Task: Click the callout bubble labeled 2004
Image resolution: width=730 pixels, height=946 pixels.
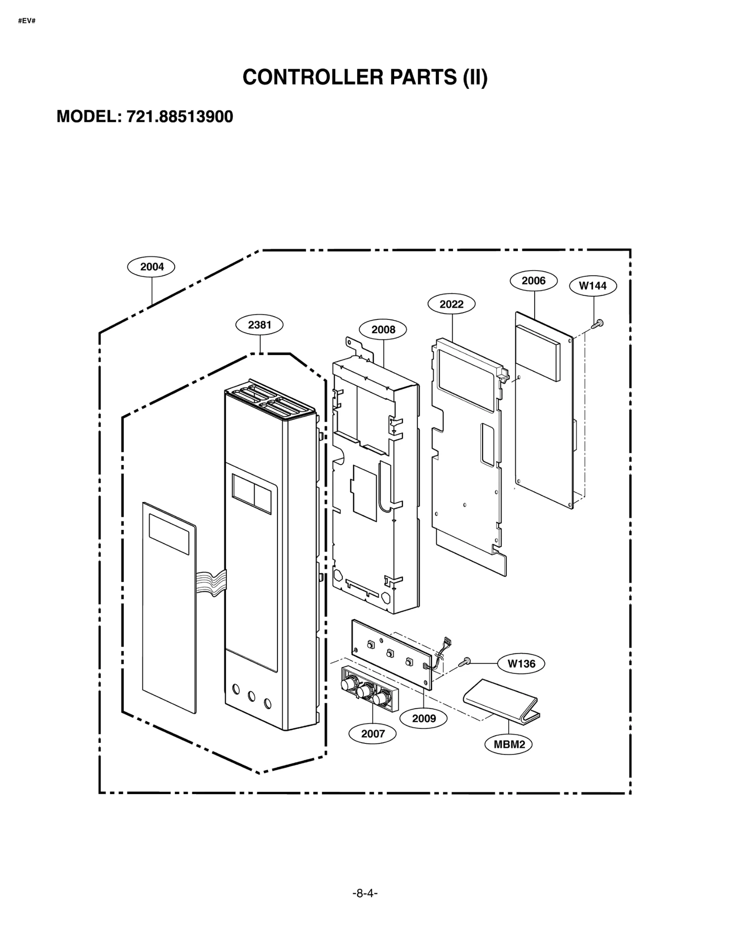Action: tap(151, 267)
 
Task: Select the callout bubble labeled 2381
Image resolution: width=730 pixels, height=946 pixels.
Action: tap(259, 325)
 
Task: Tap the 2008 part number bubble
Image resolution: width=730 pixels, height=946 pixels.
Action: tap(383, 329)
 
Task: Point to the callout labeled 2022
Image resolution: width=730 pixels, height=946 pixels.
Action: tap(451, 304)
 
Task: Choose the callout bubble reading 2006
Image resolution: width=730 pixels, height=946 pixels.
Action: tap(533, 281)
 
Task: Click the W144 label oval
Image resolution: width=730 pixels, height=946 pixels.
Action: tap(593, 286)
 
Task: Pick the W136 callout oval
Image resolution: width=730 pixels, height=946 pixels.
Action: tap(521, 664)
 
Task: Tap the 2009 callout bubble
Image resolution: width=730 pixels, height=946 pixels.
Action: tap(423, 719)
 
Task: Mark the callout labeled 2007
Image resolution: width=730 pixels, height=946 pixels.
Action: tap(372, 734)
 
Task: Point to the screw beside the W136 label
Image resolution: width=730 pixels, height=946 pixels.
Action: tap(465, 661)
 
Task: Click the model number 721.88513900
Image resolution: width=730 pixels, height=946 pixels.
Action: tap(179, 117)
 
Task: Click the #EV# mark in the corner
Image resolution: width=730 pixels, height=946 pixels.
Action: tap(26, 21)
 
